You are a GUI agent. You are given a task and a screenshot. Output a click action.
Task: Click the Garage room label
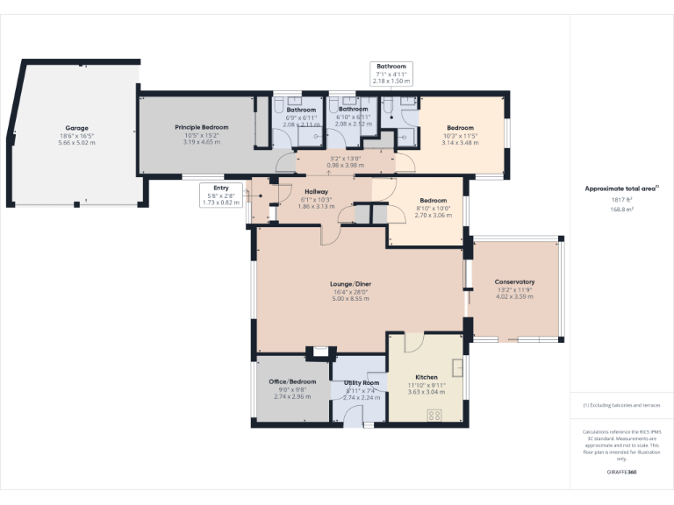[76, 128]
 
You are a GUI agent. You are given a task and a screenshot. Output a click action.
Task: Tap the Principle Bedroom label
[201, 127]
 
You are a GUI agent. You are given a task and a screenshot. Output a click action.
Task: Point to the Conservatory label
[514, 281]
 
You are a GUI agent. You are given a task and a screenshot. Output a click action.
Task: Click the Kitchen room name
[427, 377]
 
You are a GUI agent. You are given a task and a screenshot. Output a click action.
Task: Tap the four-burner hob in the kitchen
[434, 416]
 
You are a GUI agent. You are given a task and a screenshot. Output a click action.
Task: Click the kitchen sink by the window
[458, 366]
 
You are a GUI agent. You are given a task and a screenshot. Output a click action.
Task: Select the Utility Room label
[361, 383]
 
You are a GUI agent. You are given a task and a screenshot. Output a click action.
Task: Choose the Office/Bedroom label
[291, 382]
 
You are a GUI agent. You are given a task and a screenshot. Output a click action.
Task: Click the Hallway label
[316, 191]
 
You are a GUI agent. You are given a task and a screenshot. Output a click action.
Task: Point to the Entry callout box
[219, 195]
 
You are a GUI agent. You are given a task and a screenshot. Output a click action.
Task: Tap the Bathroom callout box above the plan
[391, 74]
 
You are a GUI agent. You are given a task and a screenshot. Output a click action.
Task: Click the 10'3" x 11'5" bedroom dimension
[459, 136]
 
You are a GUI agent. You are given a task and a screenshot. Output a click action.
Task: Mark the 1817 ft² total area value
[621, 200]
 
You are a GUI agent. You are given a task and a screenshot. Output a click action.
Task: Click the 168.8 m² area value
[621, 210]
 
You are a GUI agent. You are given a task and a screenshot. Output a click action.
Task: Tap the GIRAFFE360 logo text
[621, 472]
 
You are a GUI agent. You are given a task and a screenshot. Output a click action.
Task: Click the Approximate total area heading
[621, 188]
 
